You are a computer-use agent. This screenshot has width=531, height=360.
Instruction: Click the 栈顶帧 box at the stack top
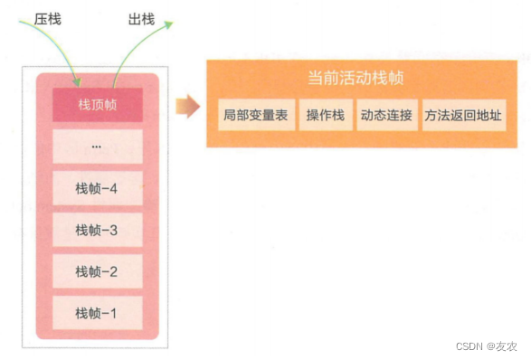(97, 106)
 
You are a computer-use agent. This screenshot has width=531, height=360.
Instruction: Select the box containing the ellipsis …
(97, 147)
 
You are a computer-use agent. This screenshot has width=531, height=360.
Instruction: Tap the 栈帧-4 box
(97, 188)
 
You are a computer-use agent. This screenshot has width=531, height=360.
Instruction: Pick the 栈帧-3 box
(97, 230)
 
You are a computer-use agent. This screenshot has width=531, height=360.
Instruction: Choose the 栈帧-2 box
(97, 271)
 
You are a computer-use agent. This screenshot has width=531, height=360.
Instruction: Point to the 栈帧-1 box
(97, 313)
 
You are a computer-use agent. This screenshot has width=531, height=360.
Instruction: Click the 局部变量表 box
(257, 116)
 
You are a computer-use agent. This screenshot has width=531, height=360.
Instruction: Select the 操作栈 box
(325, 116)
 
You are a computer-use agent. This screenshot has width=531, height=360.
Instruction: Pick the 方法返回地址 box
(464, 116)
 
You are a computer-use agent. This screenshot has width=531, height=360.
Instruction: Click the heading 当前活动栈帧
(361, 79)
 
